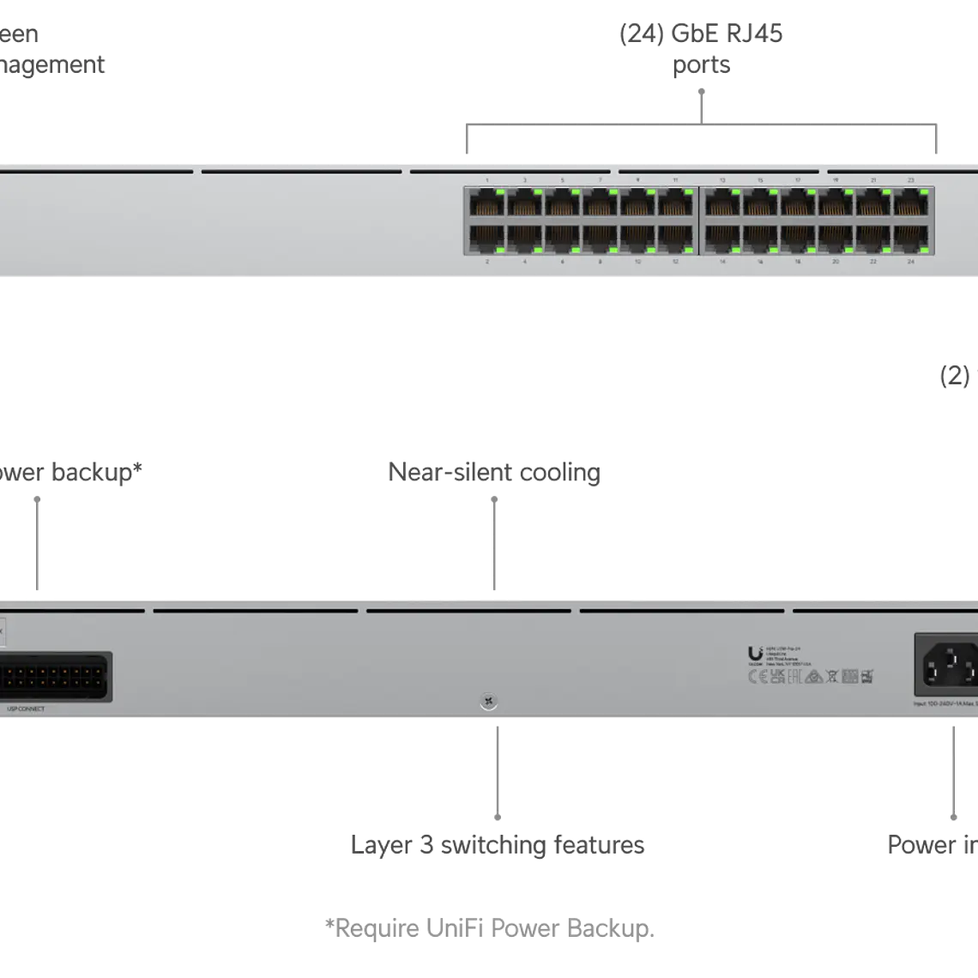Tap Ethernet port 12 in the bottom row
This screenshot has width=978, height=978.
(x=676, y=237)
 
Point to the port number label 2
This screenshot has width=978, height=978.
(x=487, y=261)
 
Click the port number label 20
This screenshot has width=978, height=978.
(x=836, y=261)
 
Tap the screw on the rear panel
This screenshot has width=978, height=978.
(x=487, y=702)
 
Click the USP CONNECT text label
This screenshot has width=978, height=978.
(x=26, y=709)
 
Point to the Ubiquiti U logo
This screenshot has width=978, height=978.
(x=755, y=655)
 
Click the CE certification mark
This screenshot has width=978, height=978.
(x=758, y=677)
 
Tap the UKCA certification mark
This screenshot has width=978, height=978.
(x=777, y=677)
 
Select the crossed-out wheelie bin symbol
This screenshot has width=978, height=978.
(x=830, y=677)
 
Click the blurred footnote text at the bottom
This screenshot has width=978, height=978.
(x=490, y=928)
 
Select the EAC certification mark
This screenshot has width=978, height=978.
(x=794, y=677)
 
